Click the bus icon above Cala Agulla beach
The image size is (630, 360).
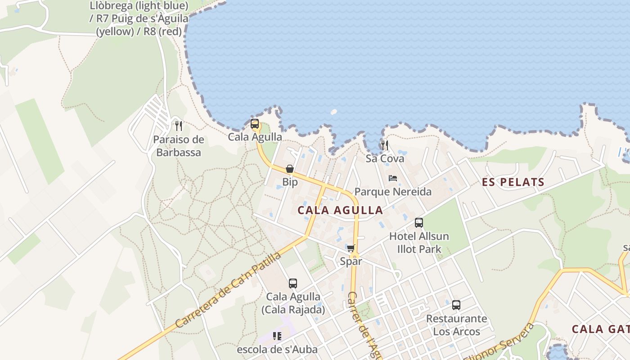pyautogui.click(x=255, y=124)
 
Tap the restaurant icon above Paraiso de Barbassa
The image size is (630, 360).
pyautogui.click(x=179, y=126)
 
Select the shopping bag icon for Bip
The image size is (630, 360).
pyautogui.click(x=290, y=169)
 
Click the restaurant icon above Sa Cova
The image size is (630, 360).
pyautogui.click(x=384, y=145)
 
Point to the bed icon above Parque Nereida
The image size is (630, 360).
pyautogui.click(x=393, y=178)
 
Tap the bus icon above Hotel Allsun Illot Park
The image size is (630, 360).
pyautogui.click(x=419, y=222)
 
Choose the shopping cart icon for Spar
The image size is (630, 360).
pyautogui.click(x=351, y=248)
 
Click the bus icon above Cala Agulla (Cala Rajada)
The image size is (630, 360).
pyautogui.click(x=293, y=283)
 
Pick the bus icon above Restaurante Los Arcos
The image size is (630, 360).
pyautogui.click(x=456, y=305)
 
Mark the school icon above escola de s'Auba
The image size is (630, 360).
pyautogui.click(x=277, y=336)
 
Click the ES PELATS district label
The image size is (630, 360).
pyautogui.click(x=513, y=182)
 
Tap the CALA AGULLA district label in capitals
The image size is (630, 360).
pyautogui.click(x=340, y=210)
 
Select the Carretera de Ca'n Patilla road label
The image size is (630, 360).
pyautogui.click(x=228, y=290)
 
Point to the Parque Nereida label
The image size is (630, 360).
pyautogui.click(x=393, y=192)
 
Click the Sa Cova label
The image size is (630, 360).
pyautogui.click(x=385, y=158)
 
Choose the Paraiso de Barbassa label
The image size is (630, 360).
pyautogui.click(x=179, y=146)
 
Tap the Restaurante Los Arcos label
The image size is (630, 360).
pyautogui.click(x=456, y=325)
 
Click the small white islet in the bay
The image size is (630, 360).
pyautogui.click(x=334, y=112)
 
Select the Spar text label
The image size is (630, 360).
pyautogui.click(x=351, y=261)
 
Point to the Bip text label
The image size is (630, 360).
pyautogui.click(x=290, y=182)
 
